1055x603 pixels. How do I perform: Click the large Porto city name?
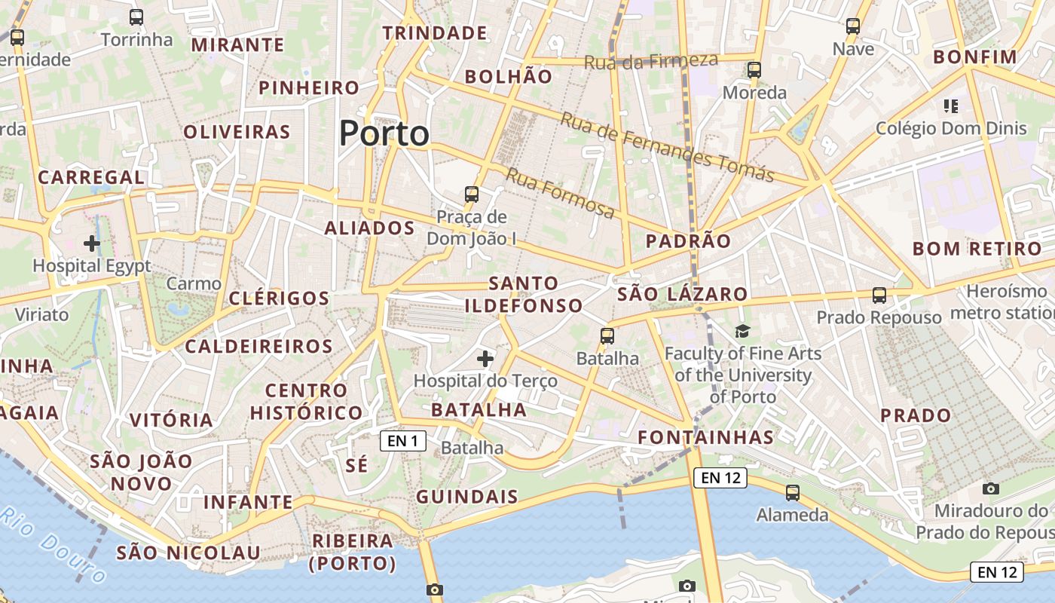pyautogui.click(x=384, y=134)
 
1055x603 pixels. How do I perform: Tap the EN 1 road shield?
pyautogui.click(x=403, y=441)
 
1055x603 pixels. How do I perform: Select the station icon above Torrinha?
pyautogui.click(x=136, y=17)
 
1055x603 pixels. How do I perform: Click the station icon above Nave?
pyautogui.click(x=853, y=26)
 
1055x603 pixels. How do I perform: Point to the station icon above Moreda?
pyautogui.click(x=754, y=70)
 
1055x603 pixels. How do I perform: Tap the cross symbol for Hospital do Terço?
pyautogui.click(x=485, y=358)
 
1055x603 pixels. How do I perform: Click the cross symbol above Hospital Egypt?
pyautogui.click(x=92, y=243)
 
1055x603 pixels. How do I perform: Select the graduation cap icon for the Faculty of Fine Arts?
pyautogui.click(x=743, y=331)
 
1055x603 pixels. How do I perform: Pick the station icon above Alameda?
pyautogui.click(x=793, y=493)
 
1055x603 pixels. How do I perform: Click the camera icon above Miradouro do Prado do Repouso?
pyautogui.click(x=991, y=488)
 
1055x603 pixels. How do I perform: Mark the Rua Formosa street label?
pyautogui.click(x=560, y=194)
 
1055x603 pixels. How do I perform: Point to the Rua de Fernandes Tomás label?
pyautogui.click(x=667, y=148)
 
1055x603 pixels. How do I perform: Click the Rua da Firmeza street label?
pyautogui.click(x=651, y=60)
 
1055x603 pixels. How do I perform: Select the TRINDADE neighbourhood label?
pyautogui.click(x=435, y=33)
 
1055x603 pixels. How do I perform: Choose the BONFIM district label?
pyautogui.click(x=975, y=57)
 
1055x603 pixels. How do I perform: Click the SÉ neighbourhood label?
pyautogui.click(x=357, y=465)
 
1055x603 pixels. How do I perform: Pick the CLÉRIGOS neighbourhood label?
pyautogui.click(x=279, y=298)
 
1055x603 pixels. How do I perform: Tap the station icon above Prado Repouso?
pyautogui.click(x=879, y=295)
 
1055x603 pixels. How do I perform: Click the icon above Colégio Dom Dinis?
pyautogui.click(x=950, y=106)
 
